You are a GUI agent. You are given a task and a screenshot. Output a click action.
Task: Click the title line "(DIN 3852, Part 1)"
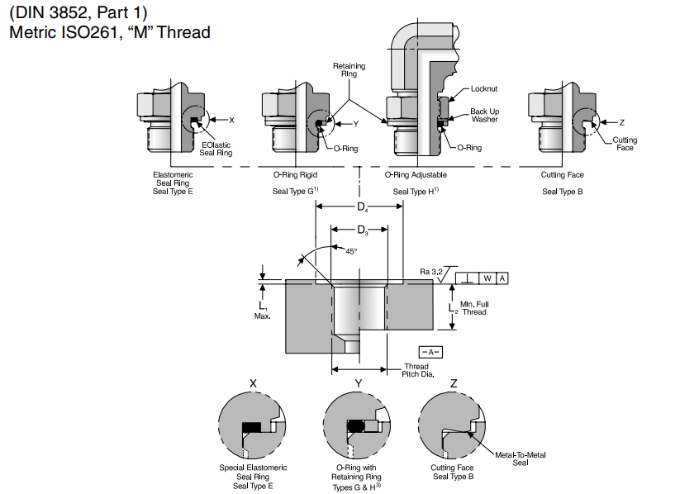78,13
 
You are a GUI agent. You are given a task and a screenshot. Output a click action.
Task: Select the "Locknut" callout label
484,88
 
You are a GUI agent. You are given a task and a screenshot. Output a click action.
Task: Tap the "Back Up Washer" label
484,115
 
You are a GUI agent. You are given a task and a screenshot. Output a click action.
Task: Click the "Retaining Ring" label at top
349,69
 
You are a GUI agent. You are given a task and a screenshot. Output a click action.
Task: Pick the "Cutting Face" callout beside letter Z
625,144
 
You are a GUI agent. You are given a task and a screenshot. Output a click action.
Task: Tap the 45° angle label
350,250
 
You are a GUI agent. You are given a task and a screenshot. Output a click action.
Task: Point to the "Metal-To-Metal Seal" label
521,458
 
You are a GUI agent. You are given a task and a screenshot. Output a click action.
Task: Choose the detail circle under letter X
253,426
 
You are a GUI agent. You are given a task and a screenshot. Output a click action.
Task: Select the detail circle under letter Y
358,426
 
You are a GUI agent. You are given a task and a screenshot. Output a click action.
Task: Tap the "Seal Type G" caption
296,192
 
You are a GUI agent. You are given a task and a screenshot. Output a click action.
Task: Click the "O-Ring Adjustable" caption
416,175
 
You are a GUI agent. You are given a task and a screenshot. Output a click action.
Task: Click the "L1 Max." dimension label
263,311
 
